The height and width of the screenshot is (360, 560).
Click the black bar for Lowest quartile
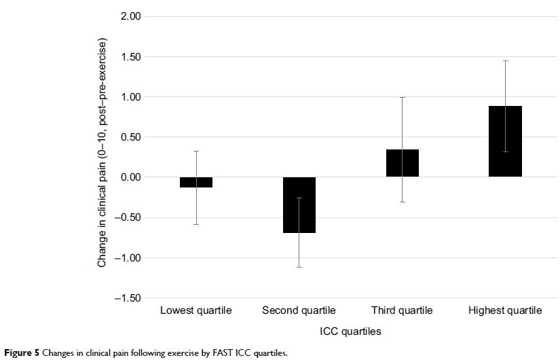196,182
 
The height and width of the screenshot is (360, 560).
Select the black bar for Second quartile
299,205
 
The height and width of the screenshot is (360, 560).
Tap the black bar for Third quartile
403,163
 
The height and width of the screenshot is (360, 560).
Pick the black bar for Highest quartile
506,141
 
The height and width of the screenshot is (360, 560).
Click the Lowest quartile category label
196,310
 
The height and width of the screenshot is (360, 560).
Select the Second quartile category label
299,310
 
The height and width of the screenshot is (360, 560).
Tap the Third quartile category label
403,310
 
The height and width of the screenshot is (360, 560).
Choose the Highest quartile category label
506,310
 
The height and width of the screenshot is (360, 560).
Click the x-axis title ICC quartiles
350,332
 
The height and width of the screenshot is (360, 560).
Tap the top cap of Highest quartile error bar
506,61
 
